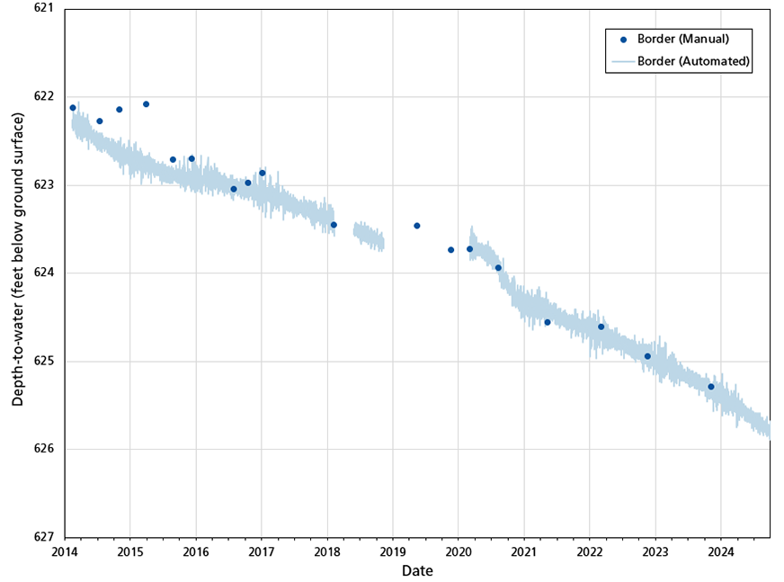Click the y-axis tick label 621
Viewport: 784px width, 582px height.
pyautogui.click(x=42, y=9)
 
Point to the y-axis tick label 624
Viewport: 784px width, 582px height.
pyautogui.click(x=42, y=273)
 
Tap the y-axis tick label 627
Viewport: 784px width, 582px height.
pyautogui.click(x=42, y=537)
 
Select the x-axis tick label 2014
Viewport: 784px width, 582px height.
pyautogui.click(x=65, y=551)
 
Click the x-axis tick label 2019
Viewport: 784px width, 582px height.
pyautogui.click(x=393, y=551)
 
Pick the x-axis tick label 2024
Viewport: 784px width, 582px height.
pyautogui.click(x=721, y=551)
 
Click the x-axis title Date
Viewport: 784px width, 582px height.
pyautogui.click(x=417, y=570)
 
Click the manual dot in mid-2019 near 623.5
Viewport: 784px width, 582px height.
pyautogui.click(x=416, y=226)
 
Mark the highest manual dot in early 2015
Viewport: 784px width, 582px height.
pyautogui.click(x=146, y=104)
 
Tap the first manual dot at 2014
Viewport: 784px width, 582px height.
pyautogui.click(x=73, y=108)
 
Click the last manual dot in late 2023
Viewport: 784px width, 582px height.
pyautogui.click(x=710, y=387)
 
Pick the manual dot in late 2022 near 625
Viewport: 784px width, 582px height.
pyautogui.click(x=647, y=356)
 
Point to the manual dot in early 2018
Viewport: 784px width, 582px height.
pyautogui.click(x=334, y=225)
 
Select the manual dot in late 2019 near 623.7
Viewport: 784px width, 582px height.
pyautogui.click(x=450, y=250)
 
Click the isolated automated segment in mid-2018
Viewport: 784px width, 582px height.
pyautogui.click(x=369, y=237)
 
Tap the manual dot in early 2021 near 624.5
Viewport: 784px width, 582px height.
pyautogui.click(x=548, y=322)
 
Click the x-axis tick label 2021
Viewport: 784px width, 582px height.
pyautogui.click(x=524, y=551)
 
